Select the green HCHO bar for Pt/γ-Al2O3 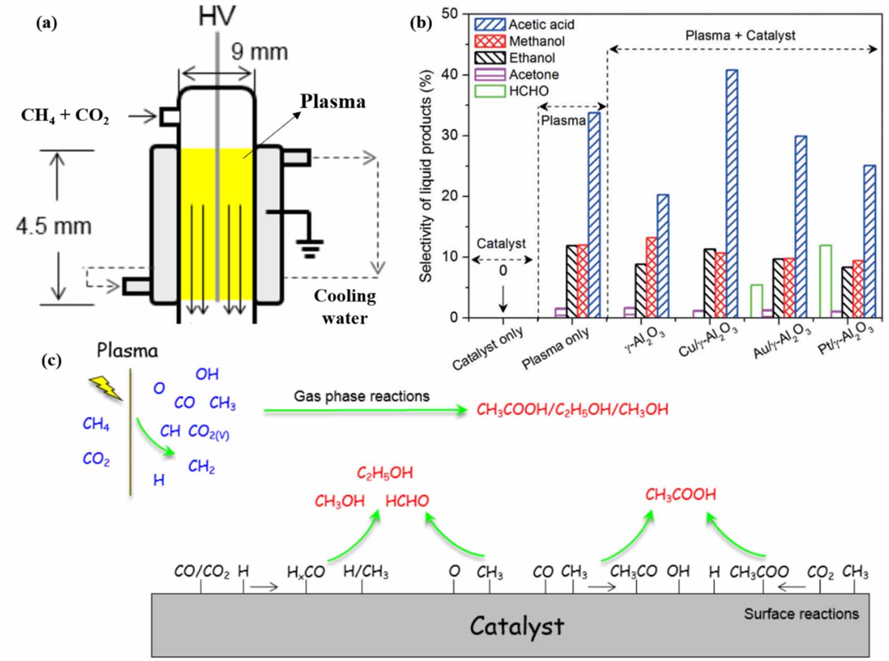pos(826,281)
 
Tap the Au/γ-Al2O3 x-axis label pos(781,342)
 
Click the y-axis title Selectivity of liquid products pos(426,176)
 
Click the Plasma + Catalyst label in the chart pos(740,36)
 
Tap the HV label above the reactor pos(217,17)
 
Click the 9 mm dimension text pos(259,52)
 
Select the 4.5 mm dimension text pos(53,226)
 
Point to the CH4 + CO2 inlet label pos(65,116)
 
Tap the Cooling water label pos(344,307)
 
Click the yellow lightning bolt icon pos(106,388)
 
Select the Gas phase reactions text pos(361,396)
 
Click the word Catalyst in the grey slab pos(517,625)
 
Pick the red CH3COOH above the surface pos(680,494)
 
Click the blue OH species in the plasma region pos(207,374)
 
